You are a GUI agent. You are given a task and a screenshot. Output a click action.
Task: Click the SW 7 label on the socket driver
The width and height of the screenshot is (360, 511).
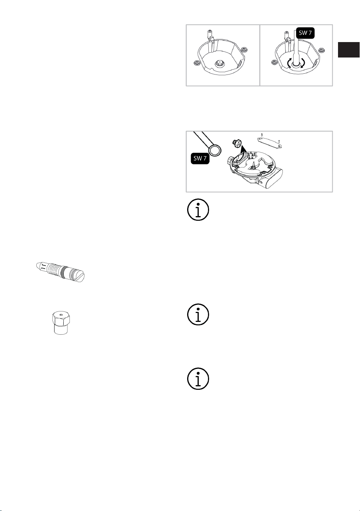(305, 33)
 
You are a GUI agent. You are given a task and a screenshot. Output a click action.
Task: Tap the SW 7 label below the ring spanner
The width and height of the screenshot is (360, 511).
(200, 158)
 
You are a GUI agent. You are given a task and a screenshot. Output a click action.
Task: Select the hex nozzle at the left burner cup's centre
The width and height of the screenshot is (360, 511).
(220, 63)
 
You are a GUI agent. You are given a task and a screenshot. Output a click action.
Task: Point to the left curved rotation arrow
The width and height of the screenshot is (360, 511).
(289, 63)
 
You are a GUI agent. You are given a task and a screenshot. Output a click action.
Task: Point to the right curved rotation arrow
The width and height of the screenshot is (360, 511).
(303, 63)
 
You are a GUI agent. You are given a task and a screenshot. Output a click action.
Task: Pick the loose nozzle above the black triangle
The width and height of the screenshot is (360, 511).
(235, 142)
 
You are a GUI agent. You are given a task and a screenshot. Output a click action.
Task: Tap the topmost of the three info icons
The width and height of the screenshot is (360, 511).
(198, 210)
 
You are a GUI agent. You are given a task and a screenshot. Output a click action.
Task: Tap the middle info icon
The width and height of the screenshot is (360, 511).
(198, 314)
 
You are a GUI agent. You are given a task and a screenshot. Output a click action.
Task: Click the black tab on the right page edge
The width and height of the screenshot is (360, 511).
(348, 49)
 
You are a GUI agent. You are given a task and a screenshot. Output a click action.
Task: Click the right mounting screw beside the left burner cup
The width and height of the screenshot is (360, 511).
(244, 49)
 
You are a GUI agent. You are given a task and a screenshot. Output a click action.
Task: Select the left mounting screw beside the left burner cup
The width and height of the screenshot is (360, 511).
(196, 63)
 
